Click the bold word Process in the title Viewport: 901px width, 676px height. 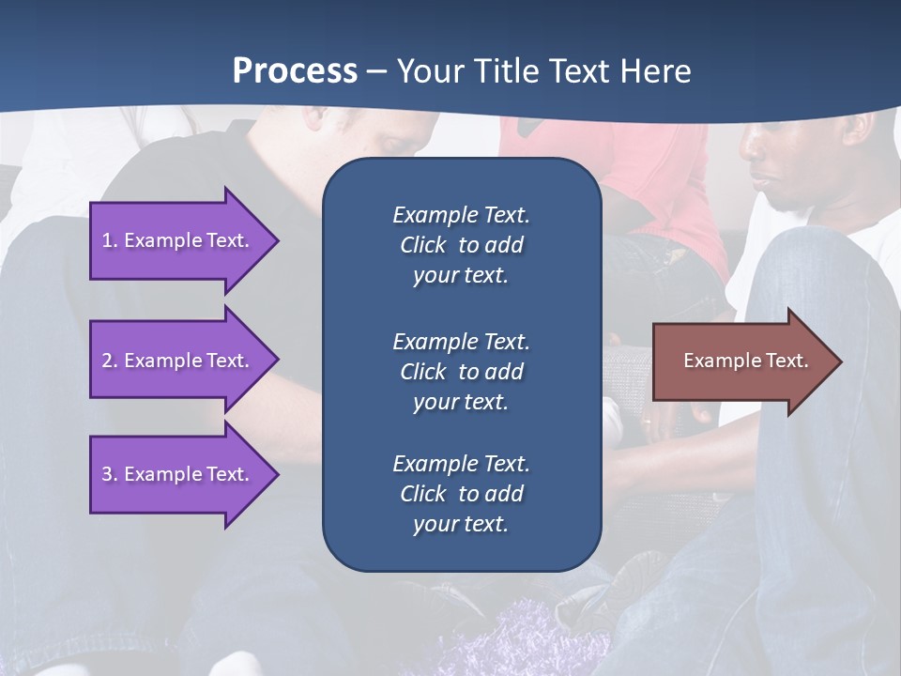[295, 71]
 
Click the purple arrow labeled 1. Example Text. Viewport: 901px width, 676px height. [178, 240]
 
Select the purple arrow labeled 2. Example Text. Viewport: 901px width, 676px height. [178, 361]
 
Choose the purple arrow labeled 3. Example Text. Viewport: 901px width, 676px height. [178, 474]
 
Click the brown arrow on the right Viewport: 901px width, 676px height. [741, 361]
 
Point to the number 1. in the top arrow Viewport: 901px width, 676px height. [110, 240]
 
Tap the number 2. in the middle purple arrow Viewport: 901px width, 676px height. [110, 361]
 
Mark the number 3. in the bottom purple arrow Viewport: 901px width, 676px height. [110, 474]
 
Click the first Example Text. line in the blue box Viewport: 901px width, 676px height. [461, 215]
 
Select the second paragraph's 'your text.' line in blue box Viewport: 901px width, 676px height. [461, 402]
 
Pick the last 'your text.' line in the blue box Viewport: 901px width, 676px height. [461, 525]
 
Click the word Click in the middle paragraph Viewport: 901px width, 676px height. [422, 372]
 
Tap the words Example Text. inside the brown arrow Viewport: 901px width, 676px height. [745, 361]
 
